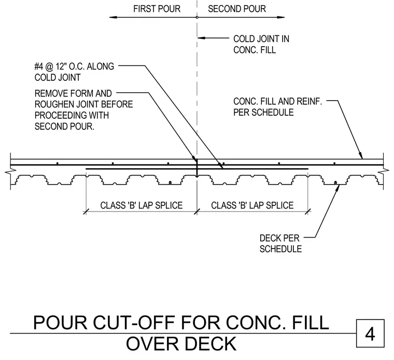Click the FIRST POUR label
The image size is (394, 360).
tap(157, 9)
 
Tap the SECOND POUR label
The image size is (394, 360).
tap(237, 9)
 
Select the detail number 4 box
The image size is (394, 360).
tap(370, 334)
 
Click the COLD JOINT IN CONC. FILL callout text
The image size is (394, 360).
tap(261, 44)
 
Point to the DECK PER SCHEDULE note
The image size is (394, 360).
tap(280, 243)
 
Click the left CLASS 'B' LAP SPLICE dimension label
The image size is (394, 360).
tap(142, 205)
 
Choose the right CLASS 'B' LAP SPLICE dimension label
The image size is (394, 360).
tap(252, 205)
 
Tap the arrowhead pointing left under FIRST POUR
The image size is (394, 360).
tap(113, 17)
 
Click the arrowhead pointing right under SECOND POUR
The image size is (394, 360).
tap(280, 17)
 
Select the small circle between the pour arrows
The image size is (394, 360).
tap(197, 17)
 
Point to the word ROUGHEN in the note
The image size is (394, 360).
tap(51, 104)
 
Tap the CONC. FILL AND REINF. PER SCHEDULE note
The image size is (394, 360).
tap(277, 106)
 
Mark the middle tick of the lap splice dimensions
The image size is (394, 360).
tap(197, 212)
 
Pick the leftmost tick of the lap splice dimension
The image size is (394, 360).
tap(86, 212)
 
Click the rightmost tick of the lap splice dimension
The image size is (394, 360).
tap(308, 212)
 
